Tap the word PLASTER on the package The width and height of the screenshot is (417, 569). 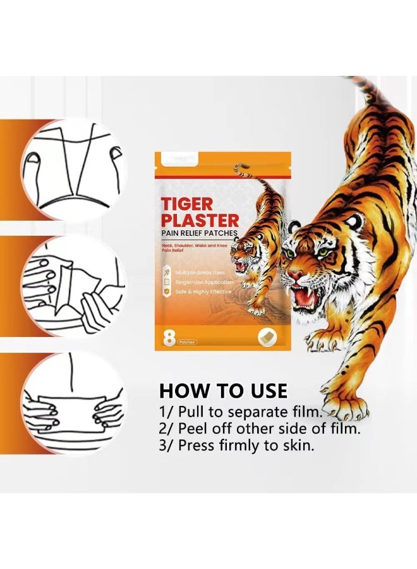[200, 221]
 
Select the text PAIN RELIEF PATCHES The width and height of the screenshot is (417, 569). [199, 233]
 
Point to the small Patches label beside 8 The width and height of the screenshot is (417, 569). [187, 342]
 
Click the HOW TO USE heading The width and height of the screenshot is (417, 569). [223, 390]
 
